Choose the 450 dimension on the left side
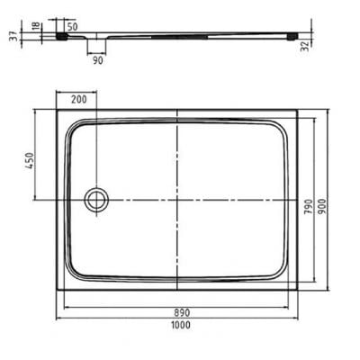(x=30, y=161)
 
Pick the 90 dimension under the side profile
(x=95, y=60)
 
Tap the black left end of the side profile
(x=61, y=38)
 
